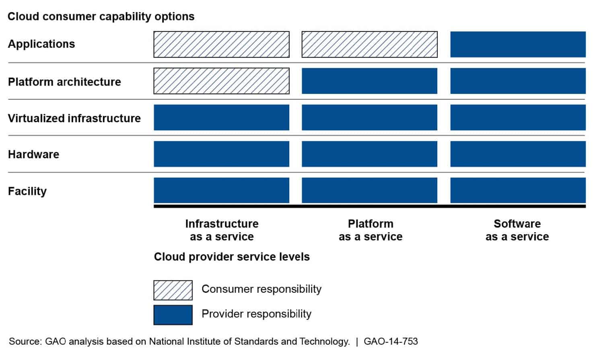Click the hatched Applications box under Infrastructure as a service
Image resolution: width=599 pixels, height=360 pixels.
click(x=221, y=44)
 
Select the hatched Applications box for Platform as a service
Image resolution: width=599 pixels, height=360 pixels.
click(x=370, y=44)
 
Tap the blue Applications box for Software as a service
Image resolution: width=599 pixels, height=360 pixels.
click(x=518, y=44)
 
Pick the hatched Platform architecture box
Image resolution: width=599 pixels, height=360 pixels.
click(x=221, y=81)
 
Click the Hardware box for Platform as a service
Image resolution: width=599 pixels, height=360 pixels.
click(x=370, y=154)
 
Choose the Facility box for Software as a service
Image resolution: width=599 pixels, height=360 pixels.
click(x=518, y=190)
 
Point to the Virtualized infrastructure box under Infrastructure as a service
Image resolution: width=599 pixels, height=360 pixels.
click(x=221, y=117)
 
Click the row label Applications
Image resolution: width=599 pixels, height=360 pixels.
click(x=41, y=44)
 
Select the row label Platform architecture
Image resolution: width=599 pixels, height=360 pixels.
click(x=64, y=82)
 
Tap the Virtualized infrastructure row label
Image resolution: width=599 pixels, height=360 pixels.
click(x=74, y=118)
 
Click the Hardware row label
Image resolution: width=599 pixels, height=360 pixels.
click(x=33, y=154)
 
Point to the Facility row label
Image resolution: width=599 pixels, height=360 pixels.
click(x=27, y=191)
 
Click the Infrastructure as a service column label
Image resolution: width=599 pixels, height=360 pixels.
click(x=222, y=230)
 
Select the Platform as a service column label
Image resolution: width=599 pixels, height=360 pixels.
click(x=371, y=230)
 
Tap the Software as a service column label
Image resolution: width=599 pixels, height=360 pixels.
click(x=517, y=230)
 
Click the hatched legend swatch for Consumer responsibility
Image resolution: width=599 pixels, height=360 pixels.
click(x=173, y=290)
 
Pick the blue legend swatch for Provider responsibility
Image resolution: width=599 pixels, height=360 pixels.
click(x=173, y=315)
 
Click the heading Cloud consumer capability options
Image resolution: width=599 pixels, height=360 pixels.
click(x=101, y=16)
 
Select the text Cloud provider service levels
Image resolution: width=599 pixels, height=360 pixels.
click(x=232, y=257)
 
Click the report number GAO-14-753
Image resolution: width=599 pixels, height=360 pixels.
click(x=391, y=341)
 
